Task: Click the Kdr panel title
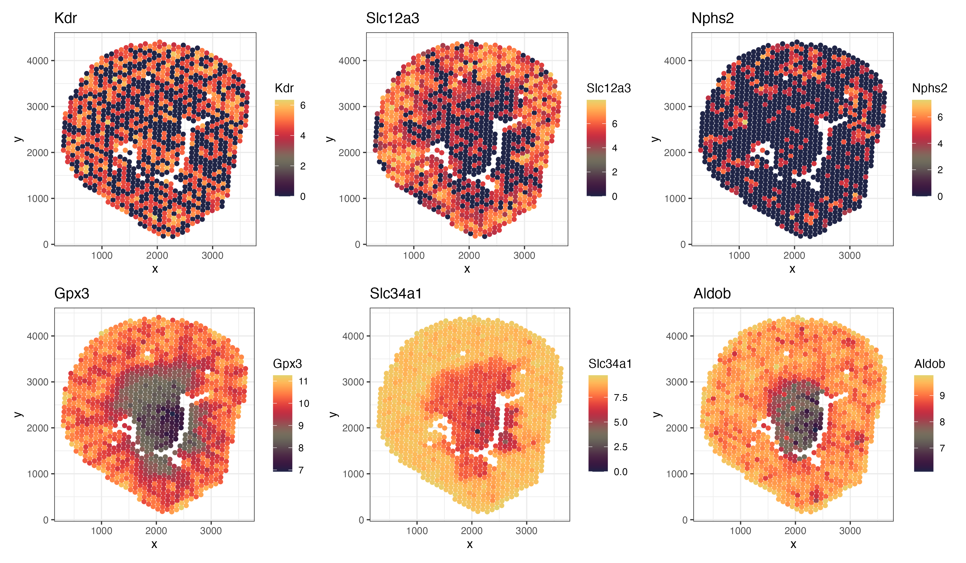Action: point(65,18)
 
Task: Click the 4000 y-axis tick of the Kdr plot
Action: point(37,61)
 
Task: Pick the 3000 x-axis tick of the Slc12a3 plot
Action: point(524,255)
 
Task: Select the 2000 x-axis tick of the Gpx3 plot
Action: point(156,531)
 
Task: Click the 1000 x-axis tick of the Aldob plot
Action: point(740,531)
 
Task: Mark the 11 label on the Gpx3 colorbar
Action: point(303,381)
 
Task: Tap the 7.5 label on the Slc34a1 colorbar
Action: point(620,398)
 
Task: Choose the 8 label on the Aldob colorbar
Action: point(942,422)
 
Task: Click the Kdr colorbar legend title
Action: point(284,88)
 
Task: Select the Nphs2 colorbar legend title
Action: point(929,88)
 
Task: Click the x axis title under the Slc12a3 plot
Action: point(467,269)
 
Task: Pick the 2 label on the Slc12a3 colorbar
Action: point(614,172)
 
